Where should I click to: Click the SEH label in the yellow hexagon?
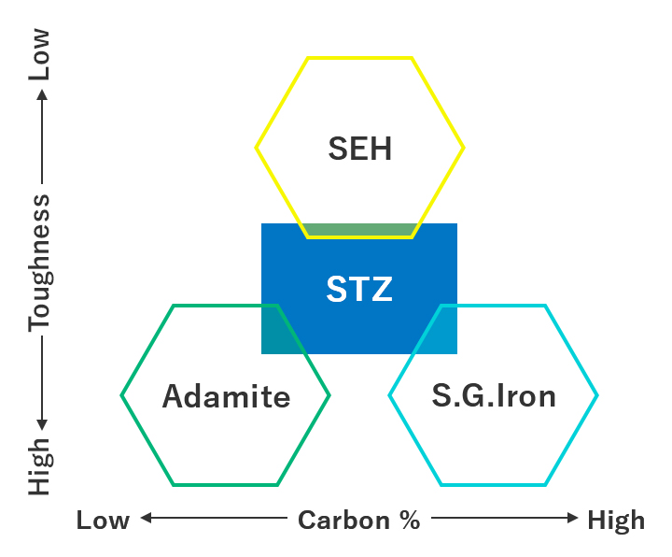coord(359,149)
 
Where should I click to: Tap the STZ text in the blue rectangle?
coord(359,289)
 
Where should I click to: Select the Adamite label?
coord(226,396)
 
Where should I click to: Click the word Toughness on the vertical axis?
coord(40,263)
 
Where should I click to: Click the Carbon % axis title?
coord(359,521)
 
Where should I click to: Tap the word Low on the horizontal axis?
coord(103,521)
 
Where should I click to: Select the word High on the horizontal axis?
coord(615,521)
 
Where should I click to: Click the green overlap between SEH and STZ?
coord(359,230)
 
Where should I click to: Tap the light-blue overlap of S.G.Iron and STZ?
coord(439,331)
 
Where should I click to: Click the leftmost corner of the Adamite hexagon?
coord(121,395)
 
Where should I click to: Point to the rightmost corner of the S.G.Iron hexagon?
coord(597,395)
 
